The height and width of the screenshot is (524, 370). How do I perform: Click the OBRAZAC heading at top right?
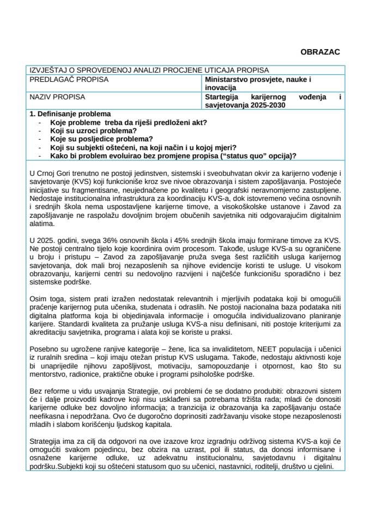[320, 52]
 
